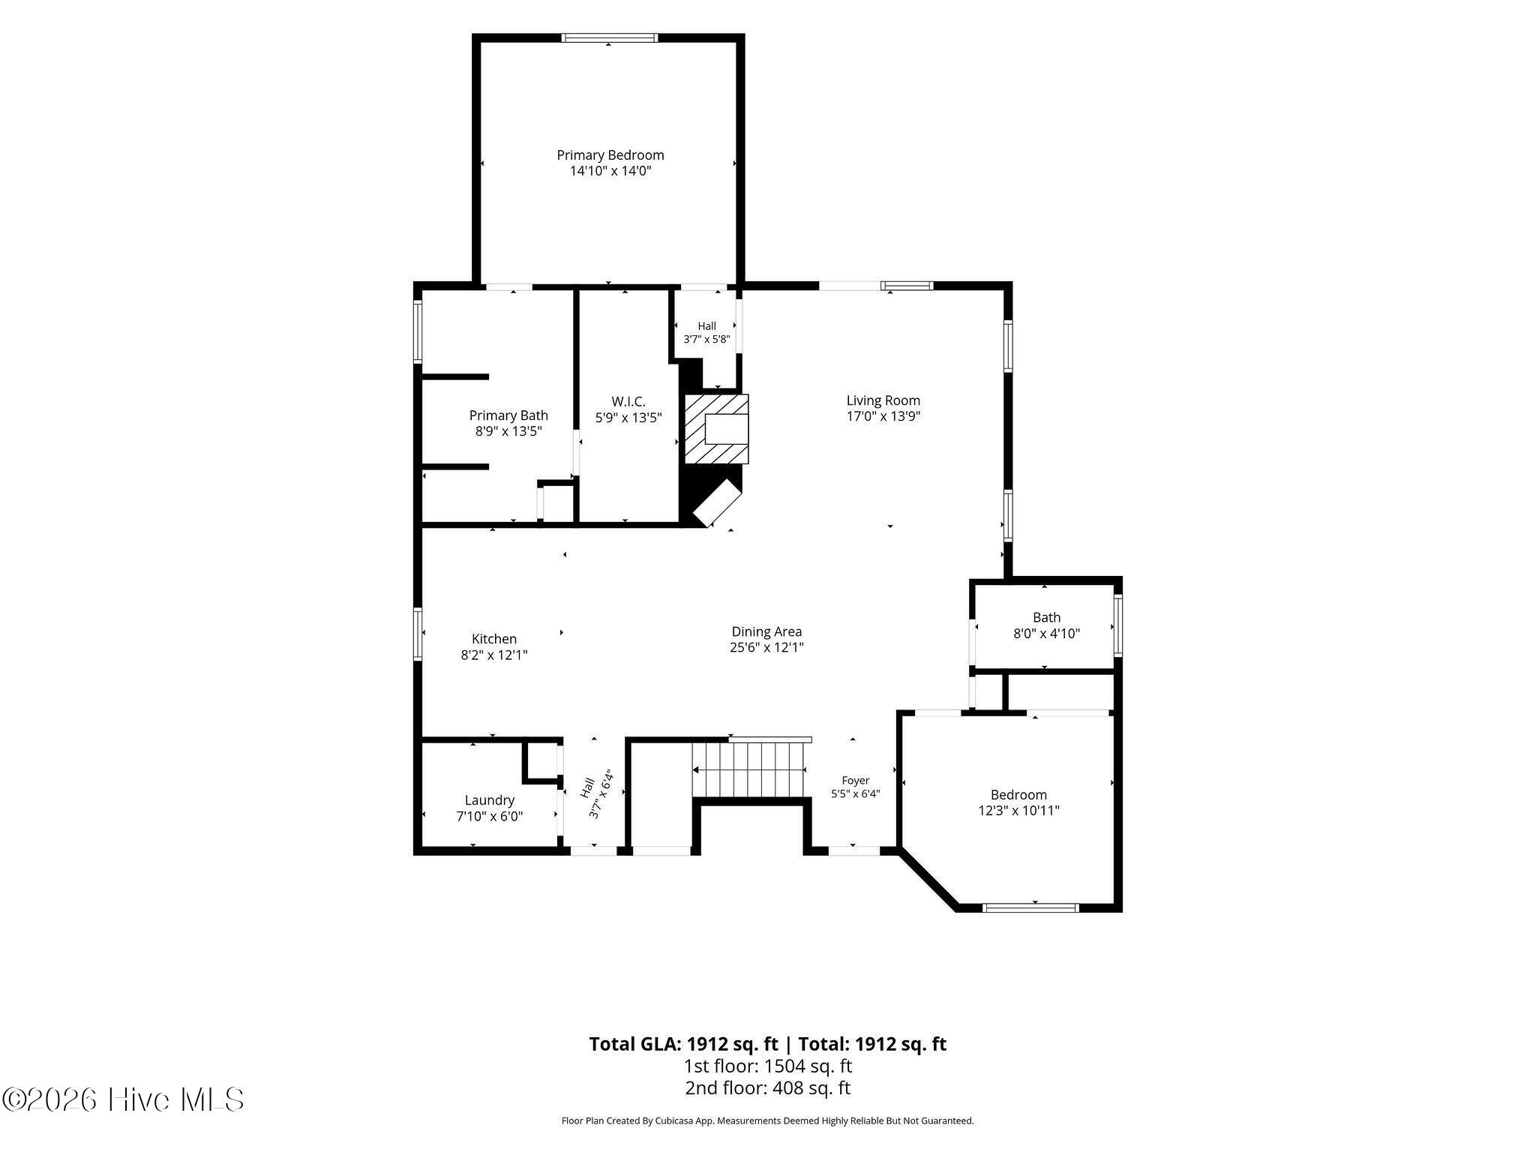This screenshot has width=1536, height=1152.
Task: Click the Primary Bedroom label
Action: coord(610,155)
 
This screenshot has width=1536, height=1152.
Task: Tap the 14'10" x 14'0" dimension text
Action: coord(610,171)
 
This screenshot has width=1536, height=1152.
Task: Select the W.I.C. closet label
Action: coord(628,402)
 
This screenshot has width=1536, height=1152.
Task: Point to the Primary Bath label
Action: coord(508,415)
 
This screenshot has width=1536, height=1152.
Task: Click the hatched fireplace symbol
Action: coord(715,429)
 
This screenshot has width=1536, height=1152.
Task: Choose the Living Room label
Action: coord(883,400)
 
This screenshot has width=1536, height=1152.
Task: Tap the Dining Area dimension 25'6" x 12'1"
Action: coord(766,647)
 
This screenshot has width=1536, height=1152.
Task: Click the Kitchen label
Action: coord(493,639)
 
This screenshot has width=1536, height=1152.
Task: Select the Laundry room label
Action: coord(489,800)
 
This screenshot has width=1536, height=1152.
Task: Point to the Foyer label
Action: coord(855,781)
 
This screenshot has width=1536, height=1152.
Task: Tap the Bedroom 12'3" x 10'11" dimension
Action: coord(1018,810)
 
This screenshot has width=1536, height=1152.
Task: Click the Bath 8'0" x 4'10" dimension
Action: coord(1046,633)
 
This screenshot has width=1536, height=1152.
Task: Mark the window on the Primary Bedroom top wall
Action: coord(610,37)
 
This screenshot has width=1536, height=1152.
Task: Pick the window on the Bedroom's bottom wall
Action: coord(1030,907)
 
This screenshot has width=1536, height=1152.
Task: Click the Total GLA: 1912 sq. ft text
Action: coord(683,1044)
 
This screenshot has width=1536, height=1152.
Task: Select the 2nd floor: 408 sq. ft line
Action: coord(767,1088)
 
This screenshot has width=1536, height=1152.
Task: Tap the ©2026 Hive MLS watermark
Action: coord(123,1100)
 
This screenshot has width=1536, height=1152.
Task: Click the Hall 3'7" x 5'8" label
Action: coord(706,332)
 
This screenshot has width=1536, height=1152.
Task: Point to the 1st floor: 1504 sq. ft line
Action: coord(767,1066)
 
